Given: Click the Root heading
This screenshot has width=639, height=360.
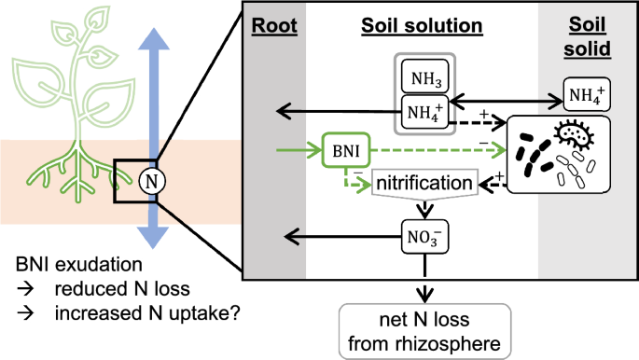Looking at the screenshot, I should click(273, 29).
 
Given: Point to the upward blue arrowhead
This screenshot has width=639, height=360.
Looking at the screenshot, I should click(150, 37).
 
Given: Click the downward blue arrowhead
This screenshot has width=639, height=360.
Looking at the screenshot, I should click(150, 233).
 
